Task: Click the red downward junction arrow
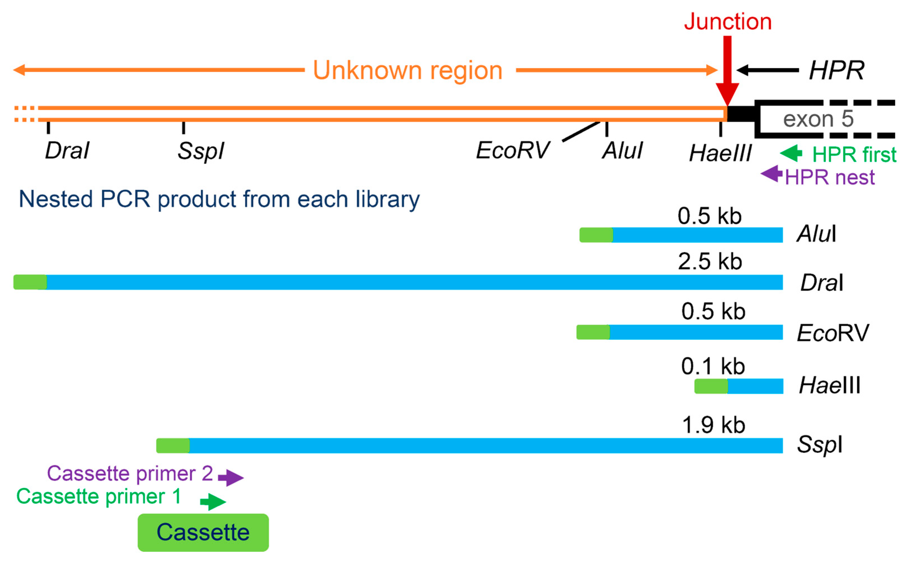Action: [x=727, y=71]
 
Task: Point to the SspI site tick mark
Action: [x=183, y=128]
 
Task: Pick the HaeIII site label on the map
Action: [x=720, y=153]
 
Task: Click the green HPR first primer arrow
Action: [x=791, y=153]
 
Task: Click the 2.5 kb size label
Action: [x=710, y=262]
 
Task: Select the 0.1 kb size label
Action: [x=713, y=366]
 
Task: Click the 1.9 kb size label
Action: [x=713, y=425]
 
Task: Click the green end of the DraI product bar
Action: [x=30, y=282]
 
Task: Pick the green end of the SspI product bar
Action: [x=172, y=445]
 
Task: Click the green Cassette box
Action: [x=203, y=532]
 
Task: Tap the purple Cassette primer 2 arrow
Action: [x=231, y=477]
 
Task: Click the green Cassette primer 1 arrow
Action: [x=213, y=502]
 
